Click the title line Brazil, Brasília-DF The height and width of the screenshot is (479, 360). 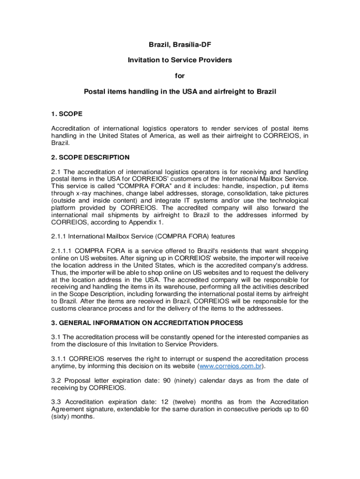[x=180, y=45]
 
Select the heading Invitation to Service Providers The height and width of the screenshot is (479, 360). [x=180, y=60]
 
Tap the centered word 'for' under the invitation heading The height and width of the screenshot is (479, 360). [x=180, y=76]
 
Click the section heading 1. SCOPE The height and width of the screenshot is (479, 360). [x=67, y=113]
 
